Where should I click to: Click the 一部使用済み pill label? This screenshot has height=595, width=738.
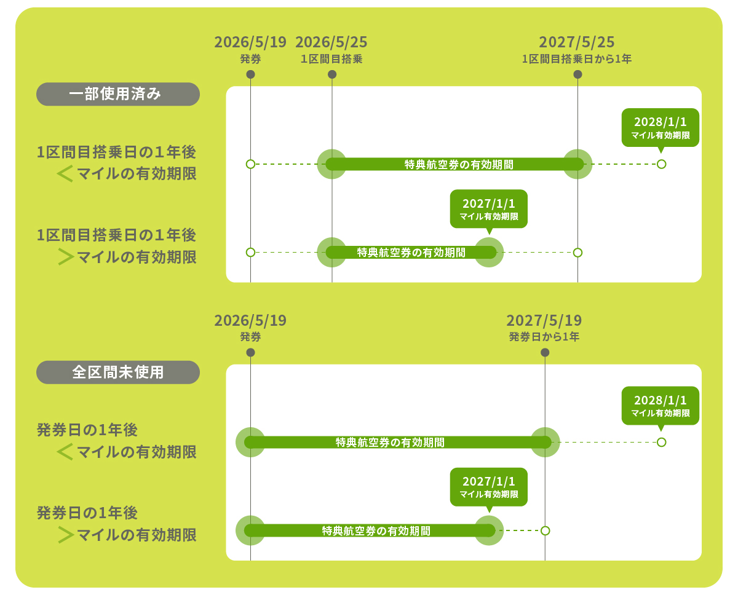[x=118, y=94]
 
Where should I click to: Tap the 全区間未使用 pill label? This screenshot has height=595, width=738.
[x=118, y=372]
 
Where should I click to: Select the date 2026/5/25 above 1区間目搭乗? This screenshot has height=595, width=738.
[x=331, y=42]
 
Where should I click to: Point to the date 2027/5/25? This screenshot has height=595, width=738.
[x=577, y=42]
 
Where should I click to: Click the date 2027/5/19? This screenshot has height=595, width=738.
[x=544, y=321]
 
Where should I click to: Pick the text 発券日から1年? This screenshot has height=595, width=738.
[x=544, y=337]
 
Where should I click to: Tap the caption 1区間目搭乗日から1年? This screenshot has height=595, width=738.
[x=577, y=59]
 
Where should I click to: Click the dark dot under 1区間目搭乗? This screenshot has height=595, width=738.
[x=332, y=74]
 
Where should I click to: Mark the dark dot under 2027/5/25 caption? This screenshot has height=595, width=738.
[x=577, y=74]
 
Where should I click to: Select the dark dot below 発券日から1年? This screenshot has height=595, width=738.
[x=545, y=352]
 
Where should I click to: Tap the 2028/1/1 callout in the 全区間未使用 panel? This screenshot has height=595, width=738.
[x=661, y=405]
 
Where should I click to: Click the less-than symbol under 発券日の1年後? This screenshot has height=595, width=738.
[x=65, y=452]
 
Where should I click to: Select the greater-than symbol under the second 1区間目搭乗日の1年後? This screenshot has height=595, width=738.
[x=65, y=257]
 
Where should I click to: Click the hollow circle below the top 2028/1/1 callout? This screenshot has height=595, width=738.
[x=661, y=164]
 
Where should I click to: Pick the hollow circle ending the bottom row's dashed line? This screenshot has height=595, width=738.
[x=545, y=530]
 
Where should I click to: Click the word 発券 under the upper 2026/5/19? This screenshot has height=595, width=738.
[x=250, y=59]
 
